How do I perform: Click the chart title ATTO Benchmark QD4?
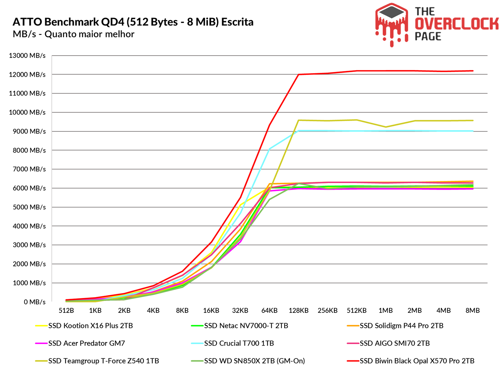tap(133, 22)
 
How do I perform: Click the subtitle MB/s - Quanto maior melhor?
tap(73, 34)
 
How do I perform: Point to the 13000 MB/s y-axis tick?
tap(27, 56)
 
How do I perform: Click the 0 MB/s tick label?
tap(35, 302)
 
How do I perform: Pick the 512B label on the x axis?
tap(66, 311)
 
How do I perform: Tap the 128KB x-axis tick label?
tap(299, 311)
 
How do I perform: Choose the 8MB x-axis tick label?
tap(472, 311)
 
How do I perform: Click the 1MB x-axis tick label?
tap(386, 311)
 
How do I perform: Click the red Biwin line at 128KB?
tap(299, 75)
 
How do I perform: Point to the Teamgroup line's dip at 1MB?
tap(386, 127)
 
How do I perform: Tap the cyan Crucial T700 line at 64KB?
tap(269, 149)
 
